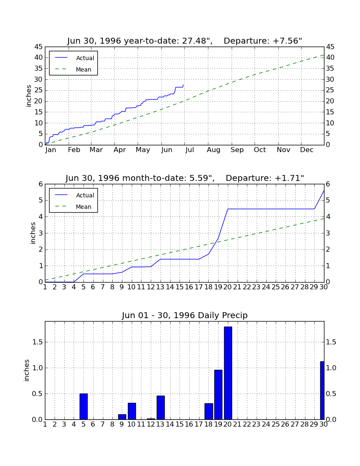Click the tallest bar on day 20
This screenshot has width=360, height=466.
228,373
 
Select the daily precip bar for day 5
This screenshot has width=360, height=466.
83,407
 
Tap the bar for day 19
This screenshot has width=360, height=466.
218,395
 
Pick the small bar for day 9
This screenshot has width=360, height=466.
122,417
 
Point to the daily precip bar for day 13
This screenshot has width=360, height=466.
161,408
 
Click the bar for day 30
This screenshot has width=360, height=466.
322,391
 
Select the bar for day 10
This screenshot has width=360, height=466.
132,411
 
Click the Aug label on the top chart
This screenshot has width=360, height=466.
213,150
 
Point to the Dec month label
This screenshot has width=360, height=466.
307,150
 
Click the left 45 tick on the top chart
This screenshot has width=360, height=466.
39,47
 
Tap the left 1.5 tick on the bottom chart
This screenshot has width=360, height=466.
37,342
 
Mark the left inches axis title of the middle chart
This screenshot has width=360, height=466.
33,233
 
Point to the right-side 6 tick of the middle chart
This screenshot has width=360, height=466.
328,184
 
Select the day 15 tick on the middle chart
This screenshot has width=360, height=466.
180,287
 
